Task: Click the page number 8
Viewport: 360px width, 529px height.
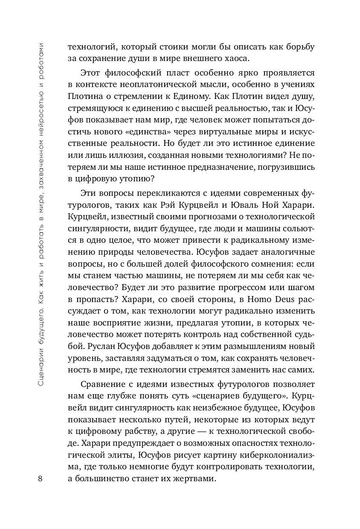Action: [x=40, y=478]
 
